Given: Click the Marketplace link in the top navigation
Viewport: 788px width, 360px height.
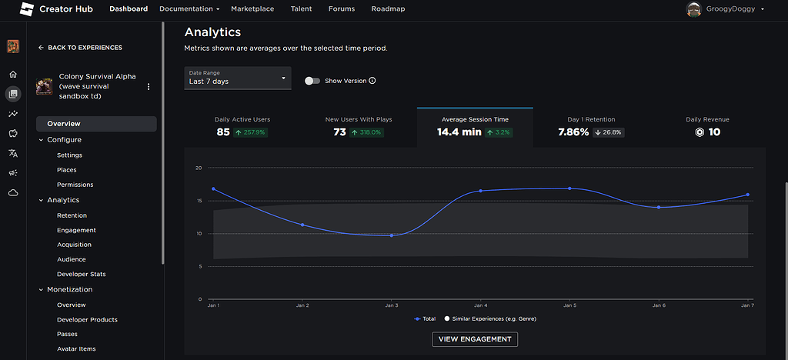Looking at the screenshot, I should (252, 9).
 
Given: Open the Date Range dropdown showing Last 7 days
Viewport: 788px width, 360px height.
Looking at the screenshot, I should (238, 78).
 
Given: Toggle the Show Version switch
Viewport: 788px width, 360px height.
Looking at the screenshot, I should (312, 80).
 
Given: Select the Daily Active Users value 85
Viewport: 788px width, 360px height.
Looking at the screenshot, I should (223, 132).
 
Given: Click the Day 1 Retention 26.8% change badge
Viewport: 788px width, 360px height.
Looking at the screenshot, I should (608, 132).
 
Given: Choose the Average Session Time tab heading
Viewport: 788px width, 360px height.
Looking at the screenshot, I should (475, 119).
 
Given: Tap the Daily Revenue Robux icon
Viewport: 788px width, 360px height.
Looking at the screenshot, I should (700, 132).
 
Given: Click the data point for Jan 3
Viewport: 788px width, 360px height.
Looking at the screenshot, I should (392, 235).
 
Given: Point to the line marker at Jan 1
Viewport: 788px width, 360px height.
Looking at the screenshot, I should (213, 188).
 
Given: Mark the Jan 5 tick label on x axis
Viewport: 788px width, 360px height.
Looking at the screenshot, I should (569, 305).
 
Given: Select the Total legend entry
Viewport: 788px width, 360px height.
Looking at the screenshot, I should (425, 318).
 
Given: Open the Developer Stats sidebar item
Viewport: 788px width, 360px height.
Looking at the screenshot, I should (81, 274).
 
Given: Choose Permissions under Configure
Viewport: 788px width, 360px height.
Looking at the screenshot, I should (75, 185).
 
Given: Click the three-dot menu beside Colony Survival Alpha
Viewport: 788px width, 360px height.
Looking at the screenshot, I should (149, 87).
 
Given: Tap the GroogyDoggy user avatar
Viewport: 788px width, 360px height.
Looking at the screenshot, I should (694, 9).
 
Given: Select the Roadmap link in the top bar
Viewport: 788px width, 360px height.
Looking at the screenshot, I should (388, 9).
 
